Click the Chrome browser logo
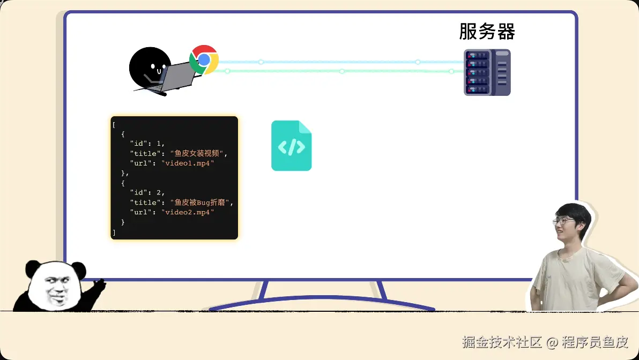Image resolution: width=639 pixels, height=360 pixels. [x=204, y=60]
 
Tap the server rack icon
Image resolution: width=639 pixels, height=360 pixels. [x=487, y=72]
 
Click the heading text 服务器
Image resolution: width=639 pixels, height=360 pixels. [x=487, y=32]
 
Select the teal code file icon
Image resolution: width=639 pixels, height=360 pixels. [x=292, y=145]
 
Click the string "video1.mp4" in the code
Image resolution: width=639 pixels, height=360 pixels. [x=188, y=163]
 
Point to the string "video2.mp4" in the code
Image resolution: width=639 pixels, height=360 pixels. [x=188, y=212]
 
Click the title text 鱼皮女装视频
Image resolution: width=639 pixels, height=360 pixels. [x=197, y=153]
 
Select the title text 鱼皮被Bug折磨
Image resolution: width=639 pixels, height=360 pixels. [x=199, y=202]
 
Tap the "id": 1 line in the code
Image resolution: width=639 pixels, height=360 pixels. [x=147, y=144]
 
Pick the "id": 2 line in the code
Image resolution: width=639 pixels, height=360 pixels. [x=147, y=192]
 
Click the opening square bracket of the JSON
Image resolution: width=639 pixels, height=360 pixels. [x=114, y=125]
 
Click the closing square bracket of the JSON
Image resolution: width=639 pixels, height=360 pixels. [x=114, y=232]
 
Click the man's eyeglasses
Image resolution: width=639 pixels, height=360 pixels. [x=563, y=222]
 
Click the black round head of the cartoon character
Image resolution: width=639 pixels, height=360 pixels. [x=150, y=67]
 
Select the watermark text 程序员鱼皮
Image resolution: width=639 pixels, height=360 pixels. [x=595, y=342]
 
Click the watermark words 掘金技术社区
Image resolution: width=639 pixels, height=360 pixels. [x=502, y=342]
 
